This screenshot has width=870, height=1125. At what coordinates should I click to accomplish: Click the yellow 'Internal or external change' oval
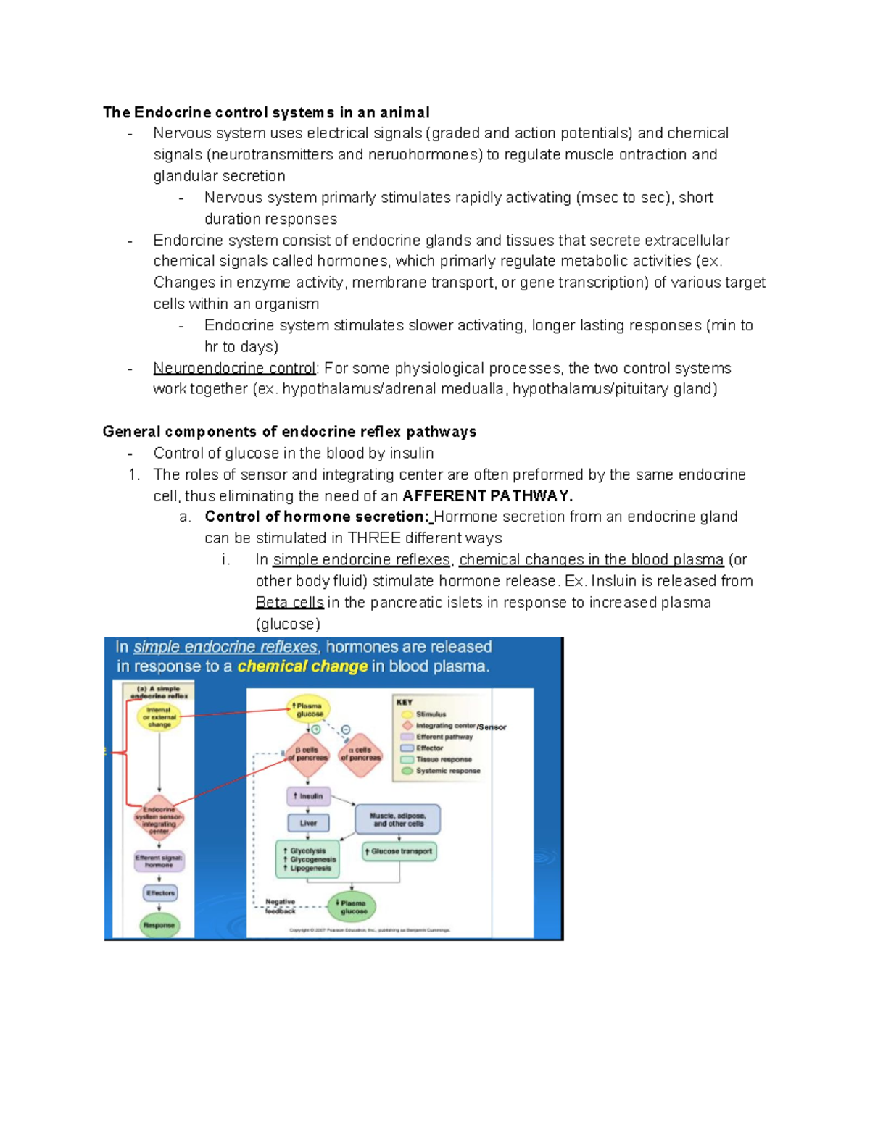[x=159, y=717]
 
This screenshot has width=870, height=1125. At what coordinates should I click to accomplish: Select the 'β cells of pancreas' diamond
[x=308, y=754]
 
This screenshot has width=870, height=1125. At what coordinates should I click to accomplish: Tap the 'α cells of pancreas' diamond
[x=360, y=754]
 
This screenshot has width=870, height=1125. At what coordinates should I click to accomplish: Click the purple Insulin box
[x=309, y=796]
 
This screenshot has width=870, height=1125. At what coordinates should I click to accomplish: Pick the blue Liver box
[x=308, y=823]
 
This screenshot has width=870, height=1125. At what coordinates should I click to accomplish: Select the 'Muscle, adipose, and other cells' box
[x=398, y=819]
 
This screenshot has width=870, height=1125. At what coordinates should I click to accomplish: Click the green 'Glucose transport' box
[x=399, y=851]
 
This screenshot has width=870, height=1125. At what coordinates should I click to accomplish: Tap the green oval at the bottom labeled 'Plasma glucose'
[x=352, y=906]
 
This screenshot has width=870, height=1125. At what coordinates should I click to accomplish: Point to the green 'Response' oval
[x=159, y=925]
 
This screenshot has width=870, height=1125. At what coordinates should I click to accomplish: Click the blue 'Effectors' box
[x=159, y=893]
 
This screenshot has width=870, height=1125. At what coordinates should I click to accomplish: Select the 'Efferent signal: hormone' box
[x=159, y=861]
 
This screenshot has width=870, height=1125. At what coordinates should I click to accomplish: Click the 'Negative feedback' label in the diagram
[x=280, y=906]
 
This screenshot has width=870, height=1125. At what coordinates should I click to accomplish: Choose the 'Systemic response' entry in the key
[x=447, y=771]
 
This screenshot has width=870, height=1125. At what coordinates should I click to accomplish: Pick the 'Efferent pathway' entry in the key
[x=444, y=737]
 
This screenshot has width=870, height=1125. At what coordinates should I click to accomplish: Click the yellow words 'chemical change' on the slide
[x=302, y=666]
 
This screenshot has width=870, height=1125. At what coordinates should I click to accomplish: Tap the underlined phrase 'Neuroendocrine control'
[x=234, y=368]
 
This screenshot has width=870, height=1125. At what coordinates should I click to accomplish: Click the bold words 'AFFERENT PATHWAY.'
[x=487, y=496]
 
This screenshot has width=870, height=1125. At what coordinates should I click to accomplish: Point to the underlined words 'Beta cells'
[x=289, y=603]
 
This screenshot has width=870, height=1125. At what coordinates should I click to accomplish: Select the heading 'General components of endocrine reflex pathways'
[x=289, y=432]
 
